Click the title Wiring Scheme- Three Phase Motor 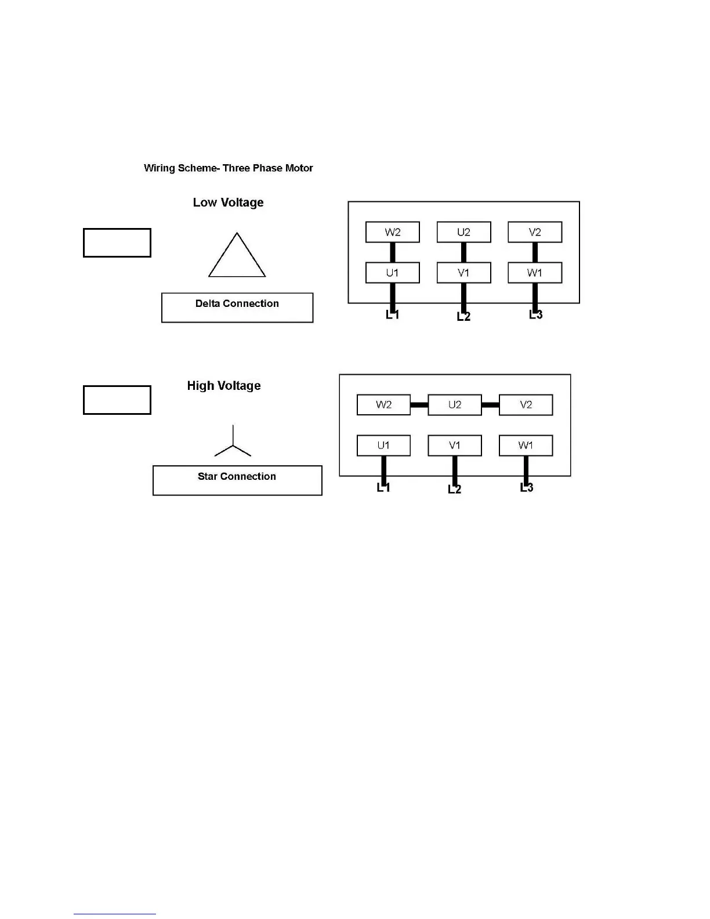(228, 168)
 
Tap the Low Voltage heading (228, 202)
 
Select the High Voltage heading (223, 386)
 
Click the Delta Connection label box (237, 307)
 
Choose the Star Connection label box (237, 480)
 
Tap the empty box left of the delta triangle (117, 243)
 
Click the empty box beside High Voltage (117, 400)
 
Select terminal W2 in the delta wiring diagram (393, 232)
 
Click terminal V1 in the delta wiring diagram (463, 273)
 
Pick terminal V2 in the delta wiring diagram (535, 232)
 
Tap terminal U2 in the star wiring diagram (455, 405)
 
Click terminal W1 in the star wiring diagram (526, 446)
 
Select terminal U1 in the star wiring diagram (383, 446)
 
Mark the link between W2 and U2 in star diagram (419, 405)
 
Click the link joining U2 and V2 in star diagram (490, 405)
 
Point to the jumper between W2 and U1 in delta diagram (393, 252)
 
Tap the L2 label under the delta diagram (463, 317)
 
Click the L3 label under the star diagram (526, 488)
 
